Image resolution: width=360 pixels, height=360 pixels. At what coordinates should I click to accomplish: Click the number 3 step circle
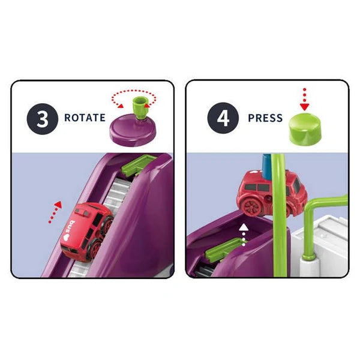(x=43, y=119)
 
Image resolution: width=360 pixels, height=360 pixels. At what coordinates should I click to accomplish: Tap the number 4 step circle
(x=223, y=118)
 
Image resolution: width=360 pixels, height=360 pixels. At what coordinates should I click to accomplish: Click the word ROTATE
(x=85, y=118)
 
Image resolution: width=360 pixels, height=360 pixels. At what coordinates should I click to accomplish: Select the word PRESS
(x=265, y=118)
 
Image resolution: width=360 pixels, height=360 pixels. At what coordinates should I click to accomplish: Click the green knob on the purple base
(x=140, y=107)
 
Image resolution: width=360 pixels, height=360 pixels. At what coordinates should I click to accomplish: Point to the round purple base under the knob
(x=133, y=130)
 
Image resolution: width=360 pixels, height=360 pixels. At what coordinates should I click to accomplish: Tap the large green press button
(x=305, y=130)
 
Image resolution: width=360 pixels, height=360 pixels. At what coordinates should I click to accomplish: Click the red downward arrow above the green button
(x=304, y=100)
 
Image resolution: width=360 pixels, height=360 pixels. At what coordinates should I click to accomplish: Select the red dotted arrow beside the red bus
(x=55, y=212)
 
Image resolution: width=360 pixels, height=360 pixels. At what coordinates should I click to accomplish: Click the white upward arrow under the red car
(x=244, y=235)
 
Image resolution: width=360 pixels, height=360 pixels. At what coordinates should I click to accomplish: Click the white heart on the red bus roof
(x=67, y=237)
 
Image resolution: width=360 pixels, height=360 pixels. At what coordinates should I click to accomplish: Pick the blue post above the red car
(x=267, y=166)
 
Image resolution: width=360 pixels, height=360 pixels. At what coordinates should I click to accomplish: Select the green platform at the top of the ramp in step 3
(x=138, y=165)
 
